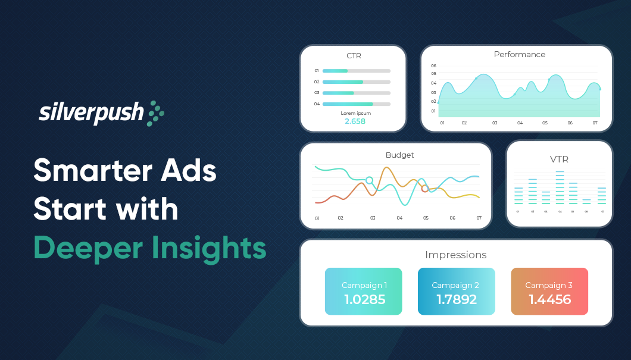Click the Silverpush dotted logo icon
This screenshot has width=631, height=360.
tap(155, 112)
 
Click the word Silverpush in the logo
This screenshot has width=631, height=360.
tap(91, 112)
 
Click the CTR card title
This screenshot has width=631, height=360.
tap(354, 56)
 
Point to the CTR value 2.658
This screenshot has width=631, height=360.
tap(355, 121)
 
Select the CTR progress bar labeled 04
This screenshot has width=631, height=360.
tap(356, 104)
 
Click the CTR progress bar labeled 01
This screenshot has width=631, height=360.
tap(356, 71)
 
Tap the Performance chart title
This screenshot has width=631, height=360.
tap(519, 54)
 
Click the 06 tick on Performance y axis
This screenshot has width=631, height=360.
tap(433, 65)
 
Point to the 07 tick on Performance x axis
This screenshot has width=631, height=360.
tap(594, 123)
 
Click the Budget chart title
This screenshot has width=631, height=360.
tap(399, 155)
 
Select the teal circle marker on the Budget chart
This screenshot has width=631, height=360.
tap(369, 180)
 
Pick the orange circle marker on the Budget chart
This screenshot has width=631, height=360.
tap(424, 189)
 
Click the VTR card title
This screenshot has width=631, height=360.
tap(559, 159)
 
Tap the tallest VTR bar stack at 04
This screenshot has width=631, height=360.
tap(560, 188)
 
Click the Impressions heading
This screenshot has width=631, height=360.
tap(455, 255)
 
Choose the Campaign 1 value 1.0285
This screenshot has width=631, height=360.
tap(364, 299)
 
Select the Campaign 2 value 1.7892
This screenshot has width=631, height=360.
tap(457, 299)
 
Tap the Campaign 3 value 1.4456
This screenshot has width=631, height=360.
tap(549, 299)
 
